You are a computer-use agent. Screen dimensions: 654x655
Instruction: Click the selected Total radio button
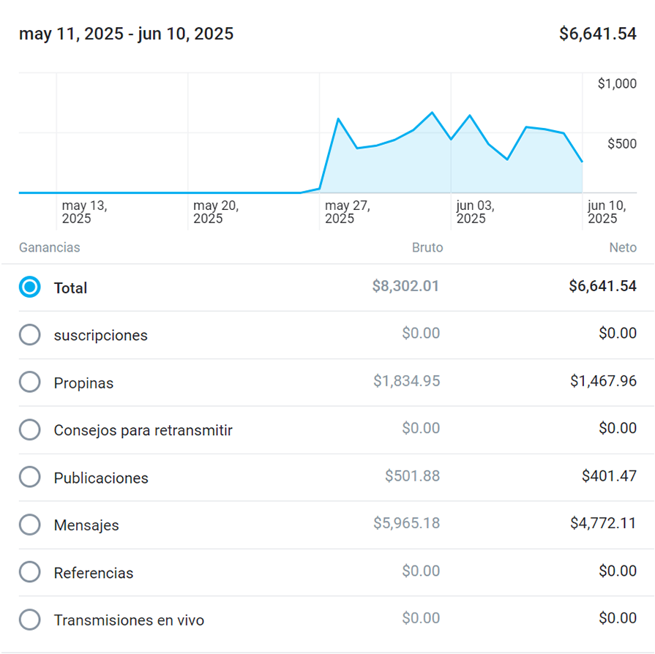pyautogui.click(x=30, y=287)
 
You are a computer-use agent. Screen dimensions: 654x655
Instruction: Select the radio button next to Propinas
pyautogui.click(x=30, y=382)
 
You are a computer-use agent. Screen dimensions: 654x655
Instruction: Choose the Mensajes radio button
pyautogui.click(x=30, y=525)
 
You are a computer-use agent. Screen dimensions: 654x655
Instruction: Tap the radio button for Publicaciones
pyautogui.click(x=30, y=477)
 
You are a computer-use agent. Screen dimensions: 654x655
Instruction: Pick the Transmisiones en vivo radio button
pyautogui.click(x=30, y=620)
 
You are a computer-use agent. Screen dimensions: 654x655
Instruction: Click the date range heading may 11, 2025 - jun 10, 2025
pyautogui.click(x=127, y=34)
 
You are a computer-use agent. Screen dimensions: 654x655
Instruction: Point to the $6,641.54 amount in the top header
pyautogui.click(x=597, y=34)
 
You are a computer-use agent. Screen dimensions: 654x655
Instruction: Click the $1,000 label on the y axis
pyautogui.click(x=617, y=83)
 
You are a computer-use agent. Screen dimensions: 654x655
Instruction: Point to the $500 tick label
pyautogui.click(x=622, y=143)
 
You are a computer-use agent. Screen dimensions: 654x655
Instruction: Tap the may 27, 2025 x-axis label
pyautogui.click(x=348, y=212)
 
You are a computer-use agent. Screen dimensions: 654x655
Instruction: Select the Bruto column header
pyautogui.click(x=427, y=247)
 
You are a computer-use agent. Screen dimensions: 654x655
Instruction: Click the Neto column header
pyautogui.click(x=623, y=247)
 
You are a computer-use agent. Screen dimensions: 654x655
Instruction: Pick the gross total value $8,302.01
pyautogui.click(x=405, y=286)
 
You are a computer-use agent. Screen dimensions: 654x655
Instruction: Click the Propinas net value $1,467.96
pyautogui.click(x=603, y=381)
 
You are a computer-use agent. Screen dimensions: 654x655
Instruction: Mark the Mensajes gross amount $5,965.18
pyautogui.click(x=406, y=523)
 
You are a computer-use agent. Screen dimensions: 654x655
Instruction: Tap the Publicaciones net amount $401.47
pyautogui.click(x=609, y=476)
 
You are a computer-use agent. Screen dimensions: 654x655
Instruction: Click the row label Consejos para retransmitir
pyautogui.click(x=143, y=430)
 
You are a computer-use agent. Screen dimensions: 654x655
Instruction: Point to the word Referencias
pyautogui.click(x=94, y=573)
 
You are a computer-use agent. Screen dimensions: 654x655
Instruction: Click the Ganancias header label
pyautogui.click(x=50, y=247)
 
